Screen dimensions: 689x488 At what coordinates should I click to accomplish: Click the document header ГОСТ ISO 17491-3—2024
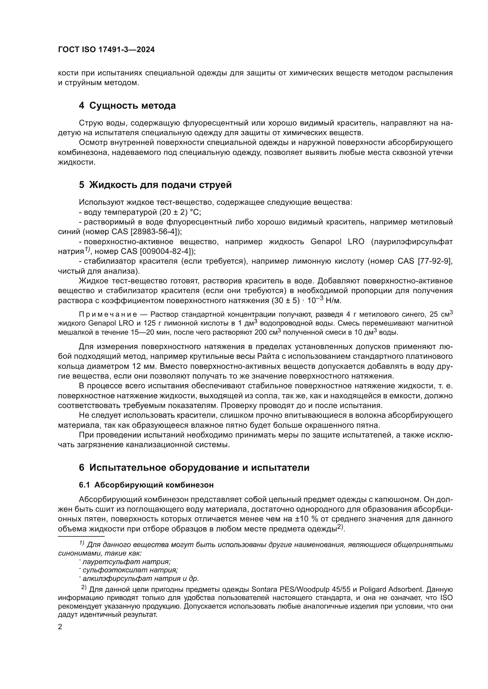[x=107, y=50]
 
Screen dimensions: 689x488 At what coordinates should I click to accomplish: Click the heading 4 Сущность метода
[x=127, y=106]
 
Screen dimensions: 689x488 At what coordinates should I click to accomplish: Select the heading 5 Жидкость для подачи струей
[x=155, y=185]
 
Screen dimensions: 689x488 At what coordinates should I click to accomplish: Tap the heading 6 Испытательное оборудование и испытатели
[x=194, y=467]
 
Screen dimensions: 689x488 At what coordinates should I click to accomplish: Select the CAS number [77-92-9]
[x=434, y=261]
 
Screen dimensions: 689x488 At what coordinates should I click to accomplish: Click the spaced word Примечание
[x=108, y=315]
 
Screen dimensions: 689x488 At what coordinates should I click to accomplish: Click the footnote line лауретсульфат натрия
[x=127, y=562]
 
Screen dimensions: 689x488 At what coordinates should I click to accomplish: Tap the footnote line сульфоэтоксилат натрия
[x=130, y=570]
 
